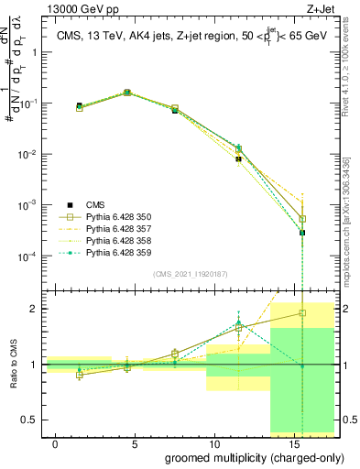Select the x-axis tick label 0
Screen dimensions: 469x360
[x=56, y=443]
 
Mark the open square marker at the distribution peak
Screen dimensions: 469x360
[x=127, y=93]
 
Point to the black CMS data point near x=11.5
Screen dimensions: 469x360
[x=238, y=159]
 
